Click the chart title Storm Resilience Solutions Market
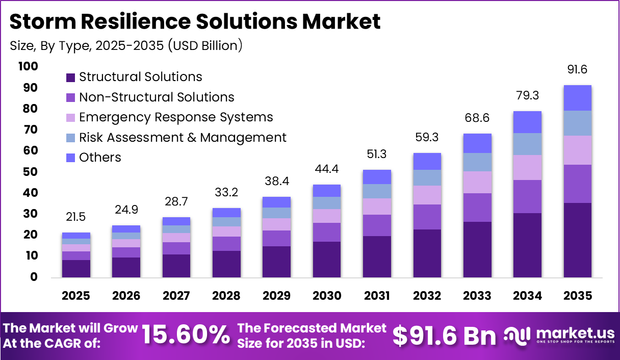point(195,22)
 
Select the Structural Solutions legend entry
point(140,77)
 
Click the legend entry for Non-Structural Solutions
point(156,97)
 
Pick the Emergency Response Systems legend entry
point(175,117)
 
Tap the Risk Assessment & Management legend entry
point(183,138)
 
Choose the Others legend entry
point(100,158)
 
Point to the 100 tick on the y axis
point(28,66)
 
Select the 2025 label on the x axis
point(76,296)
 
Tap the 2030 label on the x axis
point(326,296)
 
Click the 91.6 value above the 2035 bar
point(577,70)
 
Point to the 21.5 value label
point(76,217)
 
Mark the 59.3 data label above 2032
point(427,138)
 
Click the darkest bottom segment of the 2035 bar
point(577,240)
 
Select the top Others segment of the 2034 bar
point(527,122)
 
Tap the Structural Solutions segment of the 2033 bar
point(477,249)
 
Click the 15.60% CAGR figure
point(186,335)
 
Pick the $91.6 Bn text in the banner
point(444,335)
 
